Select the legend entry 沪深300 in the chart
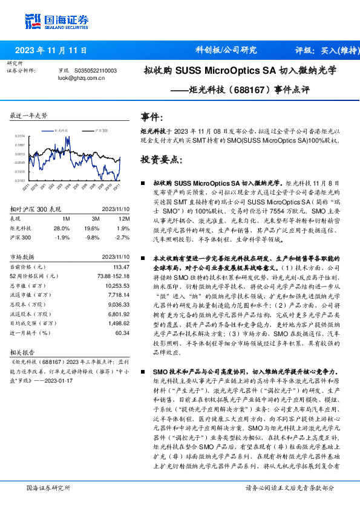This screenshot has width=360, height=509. point(99,130)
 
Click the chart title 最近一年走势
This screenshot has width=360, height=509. point(28,115)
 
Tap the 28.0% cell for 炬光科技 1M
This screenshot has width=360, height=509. point(62,229)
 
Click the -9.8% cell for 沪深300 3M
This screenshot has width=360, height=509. point(91,237)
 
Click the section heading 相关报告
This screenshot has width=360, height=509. point(22,351)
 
